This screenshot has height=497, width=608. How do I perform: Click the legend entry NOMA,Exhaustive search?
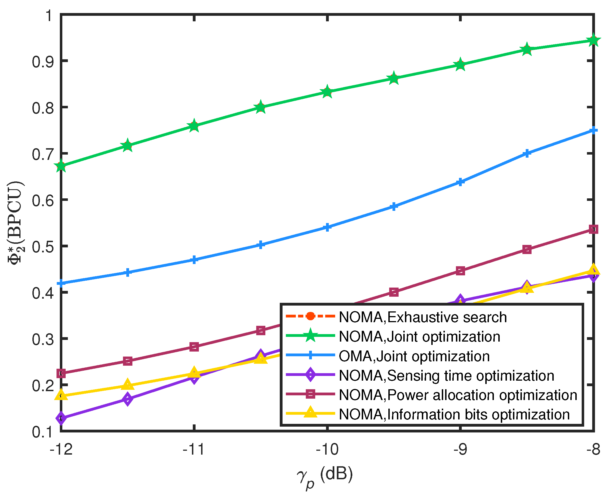tap(422, 317)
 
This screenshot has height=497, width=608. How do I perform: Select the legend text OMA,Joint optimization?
tap(414, 357)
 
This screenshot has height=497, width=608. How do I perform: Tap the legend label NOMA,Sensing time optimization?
tap(446, 376)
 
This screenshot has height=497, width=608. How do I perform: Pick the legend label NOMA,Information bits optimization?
tap(454, 415)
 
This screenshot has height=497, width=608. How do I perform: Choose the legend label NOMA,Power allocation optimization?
tap(458, 395)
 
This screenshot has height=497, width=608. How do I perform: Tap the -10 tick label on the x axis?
tap(327, 449)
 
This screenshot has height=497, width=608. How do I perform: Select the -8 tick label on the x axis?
tap(592, 449)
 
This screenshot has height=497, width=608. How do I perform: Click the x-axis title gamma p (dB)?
tap(325, 475)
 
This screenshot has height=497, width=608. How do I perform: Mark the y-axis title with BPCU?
tap(16, 223)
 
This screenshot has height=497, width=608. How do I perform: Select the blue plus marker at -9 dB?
tap(460, 182)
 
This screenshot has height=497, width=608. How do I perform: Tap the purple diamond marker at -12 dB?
tap(61, 418)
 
